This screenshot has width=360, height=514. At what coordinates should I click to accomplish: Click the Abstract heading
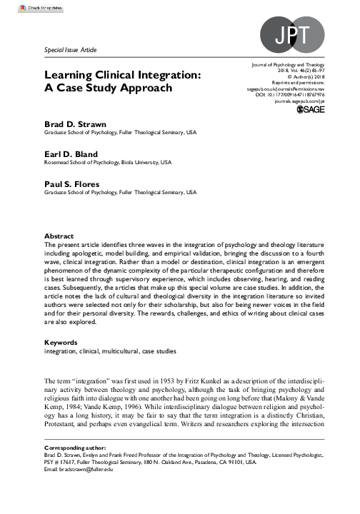pos(59,236)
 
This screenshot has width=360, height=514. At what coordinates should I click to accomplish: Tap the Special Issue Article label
pos(70,50)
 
